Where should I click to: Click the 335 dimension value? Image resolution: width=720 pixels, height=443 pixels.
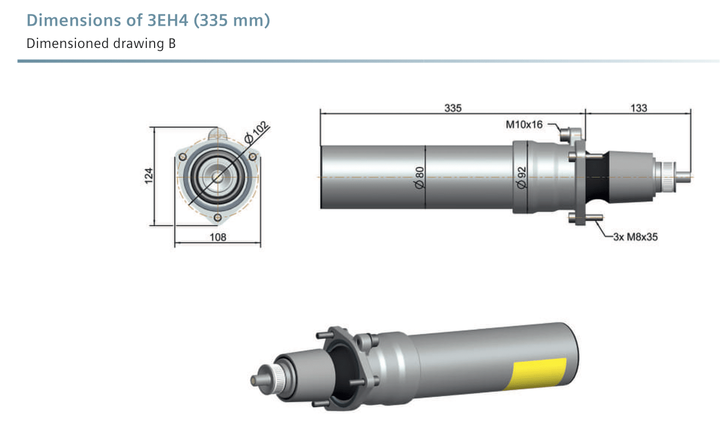pyautogui.click(x=453, y=108)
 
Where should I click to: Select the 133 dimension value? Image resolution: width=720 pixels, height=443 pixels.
pyautogui.click(x=639, y=108)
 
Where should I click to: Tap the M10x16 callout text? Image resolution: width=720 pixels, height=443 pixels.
pyautogui.click(x=524, y=124)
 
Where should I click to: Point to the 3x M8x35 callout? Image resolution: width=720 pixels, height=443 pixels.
pyautogui.click(x=635, y=237)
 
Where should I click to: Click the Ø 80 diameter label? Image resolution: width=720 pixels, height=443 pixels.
pyautogui.click(x=420, y=177)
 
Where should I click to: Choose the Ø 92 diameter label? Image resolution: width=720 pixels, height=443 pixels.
pyautogui.click(x=521, y=177)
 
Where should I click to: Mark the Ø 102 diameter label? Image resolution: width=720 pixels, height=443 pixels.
pyautogui.click(x=257, y=132)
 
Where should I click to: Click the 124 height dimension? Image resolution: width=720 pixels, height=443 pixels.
pyautogui.click(x=148, y=176)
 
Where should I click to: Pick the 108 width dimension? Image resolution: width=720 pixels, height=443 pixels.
pyautogui.click(x=218, y=238)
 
